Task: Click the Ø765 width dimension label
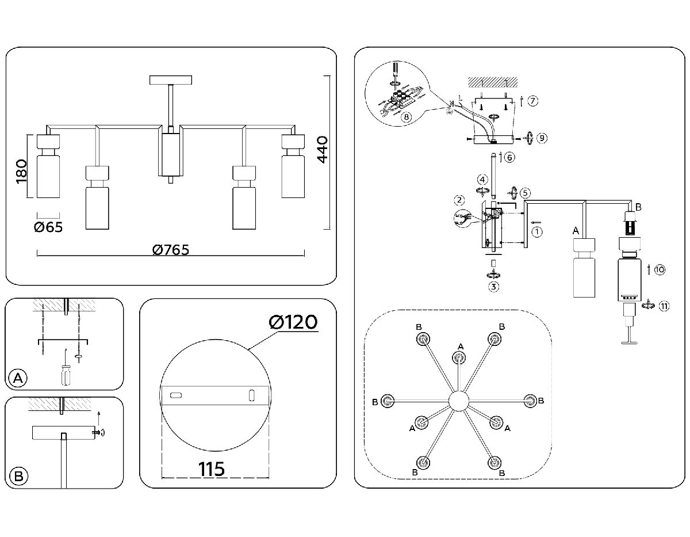pyautogui.click(x=171, y=250)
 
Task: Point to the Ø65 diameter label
pyautogui.click(x=48, y=227)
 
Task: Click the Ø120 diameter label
pyautogui.click(x=293, y=323)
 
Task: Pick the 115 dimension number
pyautogui.click(x=212, y=469)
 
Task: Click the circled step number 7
pyautogui.click(x=533, y=101)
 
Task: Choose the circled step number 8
pyautogui.click(x=407, y=116)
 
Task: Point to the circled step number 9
pyautogui.click(x=542, y=138)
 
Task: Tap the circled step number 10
pyautogui.click(x=660, y=269)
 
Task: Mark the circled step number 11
pyautogui.click(x=664, y=306)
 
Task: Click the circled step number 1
pyautogui.click(x=537, y=232)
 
